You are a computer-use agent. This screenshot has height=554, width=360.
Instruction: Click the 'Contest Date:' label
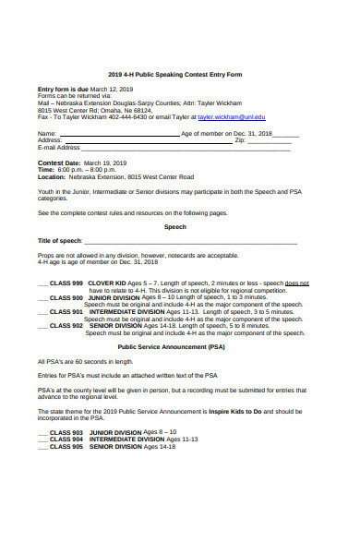(x=59, y=163)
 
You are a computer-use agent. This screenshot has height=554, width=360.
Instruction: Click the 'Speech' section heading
(x=174, y=226)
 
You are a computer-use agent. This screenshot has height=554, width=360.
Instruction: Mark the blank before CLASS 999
(x=42, y=283)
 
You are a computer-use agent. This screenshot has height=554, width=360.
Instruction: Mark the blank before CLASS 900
(x=42, y=298)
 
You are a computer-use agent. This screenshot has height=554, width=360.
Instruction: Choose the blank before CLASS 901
(x=42, y=312)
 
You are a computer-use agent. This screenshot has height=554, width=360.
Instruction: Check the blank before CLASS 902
(x=42, y=326)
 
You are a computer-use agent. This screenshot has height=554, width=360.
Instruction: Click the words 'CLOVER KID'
(x=107, y=283)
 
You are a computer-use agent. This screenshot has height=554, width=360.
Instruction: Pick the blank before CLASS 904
(x=42, y=440)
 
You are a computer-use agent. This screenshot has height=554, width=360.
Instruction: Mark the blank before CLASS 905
(x=42, y=447)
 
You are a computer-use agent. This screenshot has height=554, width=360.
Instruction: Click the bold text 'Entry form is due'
(x=63, y=89)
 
